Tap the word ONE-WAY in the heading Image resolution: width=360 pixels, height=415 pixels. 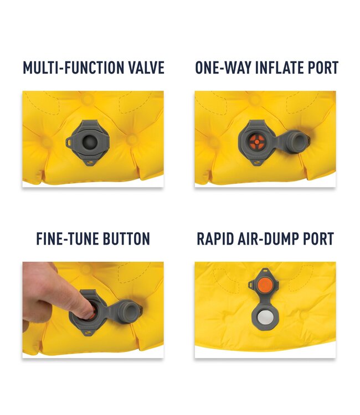point(223,68)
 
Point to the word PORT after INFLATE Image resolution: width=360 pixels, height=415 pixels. point(323,68)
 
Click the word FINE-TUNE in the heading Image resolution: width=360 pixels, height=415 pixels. point(67,238)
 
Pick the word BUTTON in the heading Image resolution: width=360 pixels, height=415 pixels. point(126,238)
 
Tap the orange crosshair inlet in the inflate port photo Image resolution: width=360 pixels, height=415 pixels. point(256,142)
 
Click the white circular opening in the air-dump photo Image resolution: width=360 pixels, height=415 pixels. point(264,317)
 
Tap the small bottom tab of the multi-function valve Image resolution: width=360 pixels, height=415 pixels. point(89,162)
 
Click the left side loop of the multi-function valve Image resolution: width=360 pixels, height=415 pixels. point(70,142)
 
